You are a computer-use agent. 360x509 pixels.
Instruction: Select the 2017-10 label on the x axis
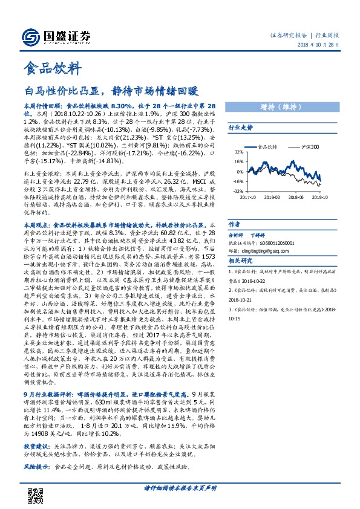(x=247, y=196)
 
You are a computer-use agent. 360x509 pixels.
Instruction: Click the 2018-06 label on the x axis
(x=297, y=196)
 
